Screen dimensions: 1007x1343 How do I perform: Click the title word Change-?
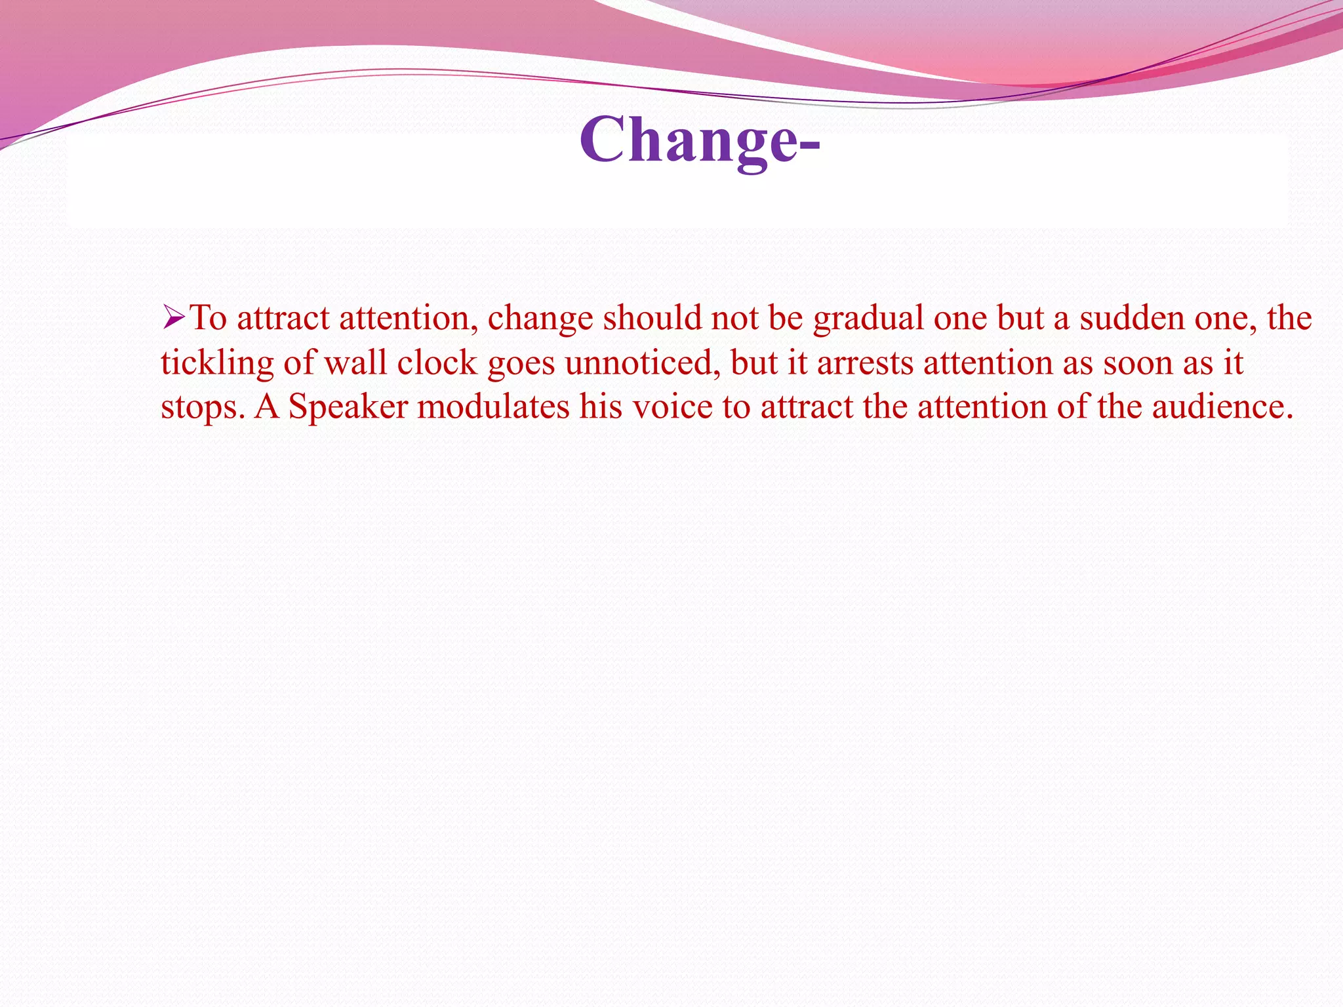click(x=699, y=140)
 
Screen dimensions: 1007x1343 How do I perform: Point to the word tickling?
click(x=216, y=363)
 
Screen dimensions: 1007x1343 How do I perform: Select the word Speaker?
click(x=348, y=407)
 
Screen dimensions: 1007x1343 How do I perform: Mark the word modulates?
click(x=494, y=406)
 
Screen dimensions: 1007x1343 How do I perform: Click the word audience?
click(x=1222, y=406)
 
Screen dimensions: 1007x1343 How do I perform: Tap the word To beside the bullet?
click(x=208, y=318)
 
